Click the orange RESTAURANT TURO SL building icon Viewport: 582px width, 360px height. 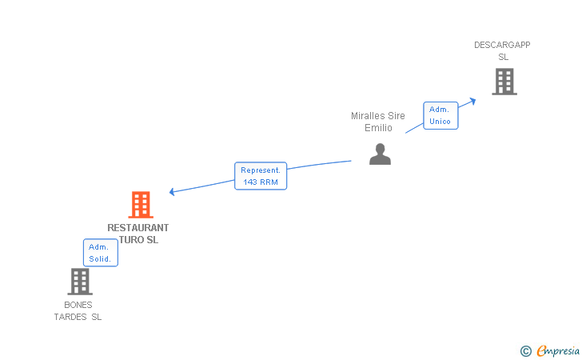click(x=141, y=205)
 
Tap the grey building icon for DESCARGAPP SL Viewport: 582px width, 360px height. click(x=504, y=82)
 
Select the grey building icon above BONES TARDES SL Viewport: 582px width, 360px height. click(x=80, y=282)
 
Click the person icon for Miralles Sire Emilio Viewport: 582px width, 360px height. click(x=380, y=154)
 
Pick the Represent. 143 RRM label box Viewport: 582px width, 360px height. click(x=261, y=176)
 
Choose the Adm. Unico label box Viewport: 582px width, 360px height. click(x=440, y=115)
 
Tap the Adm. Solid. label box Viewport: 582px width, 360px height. click(x=101, y=253)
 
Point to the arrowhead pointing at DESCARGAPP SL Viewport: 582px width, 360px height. click(x=473, y=101)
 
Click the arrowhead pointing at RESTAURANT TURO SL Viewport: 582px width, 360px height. click(x=171, y=192)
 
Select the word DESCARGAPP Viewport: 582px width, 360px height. click(x=502, y=45)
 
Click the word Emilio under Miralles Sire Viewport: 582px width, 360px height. click(x=378, y=128)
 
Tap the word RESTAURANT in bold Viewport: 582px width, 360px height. click(x=138, y=228)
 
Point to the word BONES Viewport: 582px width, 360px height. click(x=78, y=305)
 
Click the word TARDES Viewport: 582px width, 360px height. click(x=70, y=317)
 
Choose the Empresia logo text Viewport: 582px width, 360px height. click(x=558, y=350)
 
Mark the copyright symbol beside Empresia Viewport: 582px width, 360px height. click(x=526, y=351)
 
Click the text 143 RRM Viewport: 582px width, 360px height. click(x=261, y=182)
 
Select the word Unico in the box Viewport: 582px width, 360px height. click(x=440, y=122)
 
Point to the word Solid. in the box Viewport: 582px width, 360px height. click(x=100, y=259)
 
